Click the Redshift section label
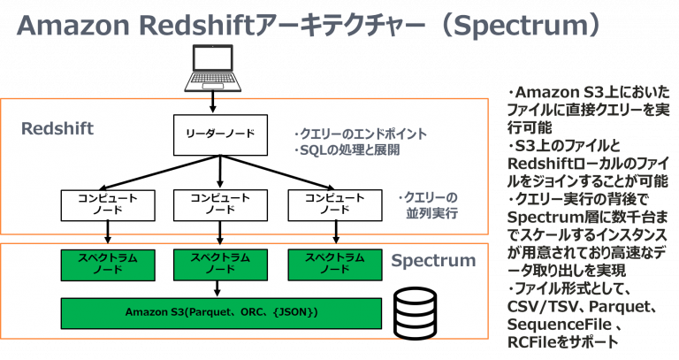(x=57, y=129)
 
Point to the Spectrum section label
(x=433, y=261)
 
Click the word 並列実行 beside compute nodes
(x=428, y=213)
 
